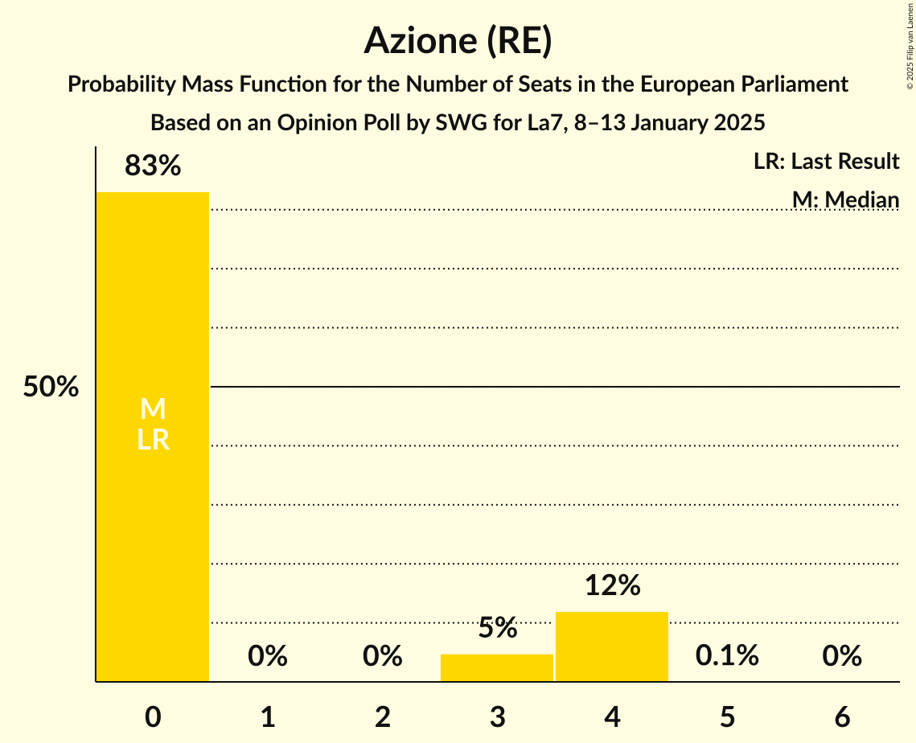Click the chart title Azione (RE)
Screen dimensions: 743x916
458,40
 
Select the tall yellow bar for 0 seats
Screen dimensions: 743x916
153,482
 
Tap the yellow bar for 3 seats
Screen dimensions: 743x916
497,668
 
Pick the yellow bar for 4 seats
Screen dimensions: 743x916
612,647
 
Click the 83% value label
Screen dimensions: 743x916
153,166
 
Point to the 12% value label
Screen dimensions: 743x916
612,585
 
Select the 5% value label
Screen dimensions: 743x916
497,628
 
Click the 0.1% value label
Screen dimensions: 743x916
727,656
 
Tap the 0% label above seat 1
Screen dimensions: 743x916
268,656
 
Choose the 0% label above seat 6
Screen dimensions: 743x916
842,656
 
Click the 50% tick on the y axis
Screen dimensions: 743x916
51,387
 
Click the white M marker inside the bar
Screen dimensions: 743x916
153,409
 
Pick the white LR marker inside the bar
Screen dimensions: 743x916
153,440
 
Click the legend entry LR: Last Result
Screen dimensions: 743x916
826,162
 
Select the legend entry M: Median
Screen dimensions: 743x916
845,199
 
